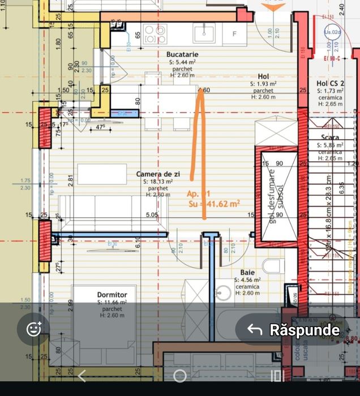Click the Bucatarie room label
(182, 54)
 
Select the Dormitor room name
(112, 295)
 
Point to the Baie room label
(247, 272)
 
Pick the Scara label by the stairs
(330, 137)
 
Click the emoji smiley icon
(34, 329)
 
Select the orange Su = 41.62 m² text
(214, 203)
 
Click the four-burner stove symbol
(155, 33)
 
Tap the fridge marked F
(233, 34)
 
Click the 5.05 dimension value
(152, 215)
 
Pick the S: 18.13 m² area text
(158, 182)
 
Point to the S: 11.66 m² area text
(112, 303)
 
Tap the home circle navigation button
(179, 376)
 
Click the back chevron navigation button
(82, 376)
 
